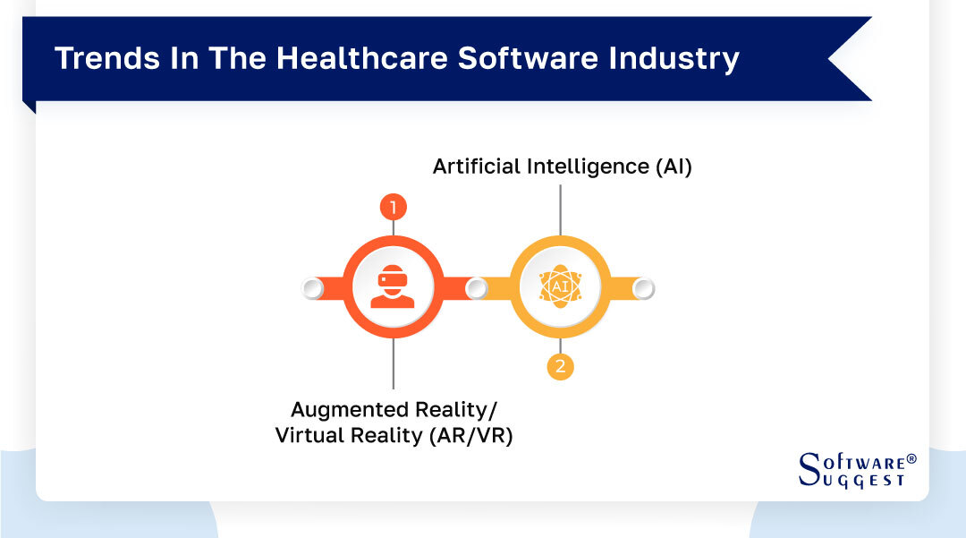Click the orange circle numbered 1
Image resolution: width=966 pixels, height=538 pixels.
tap(394, 208)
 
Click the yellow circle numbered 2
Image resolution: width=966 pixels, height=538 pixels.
tap(560, 366)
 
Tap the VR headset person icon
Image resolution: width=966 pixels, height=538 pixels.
tap(393, 287)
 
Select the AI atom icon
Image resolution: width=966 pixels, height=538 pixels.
tap(560, 286)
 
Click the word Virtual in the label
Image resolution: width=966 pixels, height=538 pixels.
tap(309, 437)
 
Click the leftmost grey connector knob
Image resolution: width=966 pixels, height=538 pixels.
tap(312, 288)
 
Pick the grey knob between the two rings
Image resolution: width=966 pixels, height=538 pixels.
tap(477, 288)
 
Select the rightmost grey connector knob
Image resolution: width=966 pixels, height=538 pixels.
tap(643, 288)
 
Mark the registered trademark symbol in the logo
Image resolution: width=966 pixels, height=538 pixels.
tap(911, 458)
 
